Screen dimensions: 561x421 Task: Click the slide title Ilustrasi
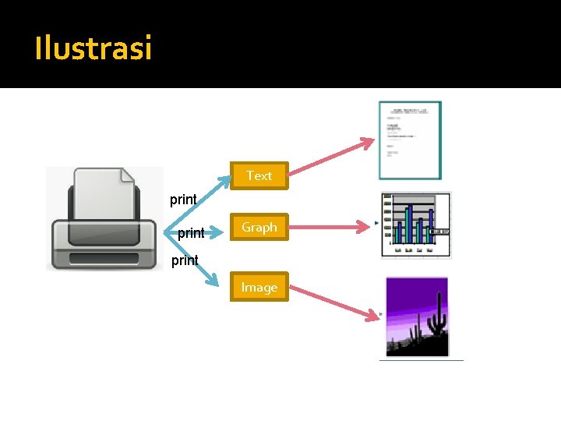pyautogui.click(x=93, y=49)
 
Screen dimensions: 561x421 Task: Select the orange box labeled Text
pyautogui.click(x=259, y=175)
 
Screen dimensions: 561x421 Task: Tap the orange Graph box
pyautogui.click(x=259, y=227)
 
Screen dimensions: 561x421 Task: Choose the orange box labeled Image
pyautogui.click(x=259, y=287)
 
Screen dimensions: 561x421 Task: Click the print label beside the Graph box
pyautogui.click(x=191, y=233)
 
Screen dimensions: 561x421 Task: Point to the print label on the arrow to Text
pyautogui.click(x=184, y=200)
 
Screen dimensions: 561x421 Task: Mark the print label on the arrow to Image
pyautogui.click(x=185, y=260)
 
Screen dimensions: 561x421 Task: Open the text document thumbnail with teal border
pyautogui.click(x=410, y=140)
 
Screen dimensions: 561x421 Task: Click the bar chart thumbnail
pyautogui.click(x=416, y=225)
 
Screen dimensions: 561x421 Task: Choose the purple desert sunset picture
pyautogui.click(x=417, y=317)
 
